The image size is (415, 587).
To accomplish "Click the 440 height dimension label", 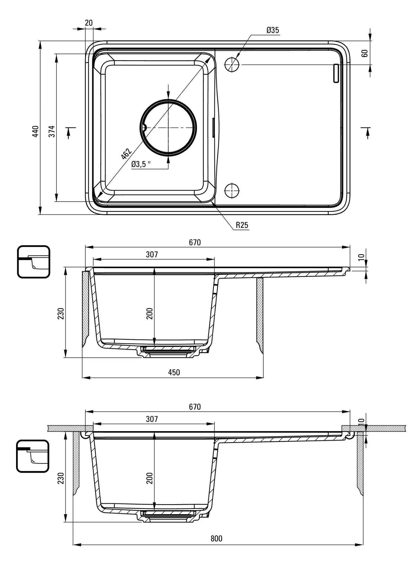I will coord(35,131).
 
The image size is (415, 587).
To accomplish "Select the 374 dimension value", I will coord(52,131).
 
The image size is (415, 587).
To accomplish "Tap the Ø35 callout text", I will coord(273,30).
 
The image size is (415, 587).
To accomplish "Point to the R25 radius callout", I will coord(242,225).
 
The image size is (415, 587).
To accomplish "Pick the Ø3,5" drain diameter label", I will coord(141,164).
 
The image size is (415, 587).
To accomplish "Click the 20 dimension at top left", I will coord(89,23).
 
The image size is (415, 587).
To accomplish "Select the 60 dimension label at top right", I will coord(364,53).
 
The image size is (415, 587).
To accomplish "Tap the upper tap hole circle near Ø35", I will coord(232,64).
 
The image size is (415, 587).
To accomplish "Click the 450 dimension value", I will coord(174,372).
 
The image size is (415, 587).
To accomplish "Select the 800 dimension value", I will coord(216,539).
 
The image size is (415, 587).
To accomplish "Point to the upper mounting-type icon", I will coord(34,262).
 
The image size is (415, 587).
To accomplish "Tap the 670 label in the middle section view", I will coord(195,242).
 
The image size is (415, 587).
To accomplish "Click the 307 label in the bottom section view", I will coord(152,419).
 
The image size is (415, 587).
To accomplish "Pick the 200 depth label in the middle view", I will coord(150,313).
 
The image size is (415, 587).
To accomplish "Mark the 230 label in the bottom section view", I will coord(61,478).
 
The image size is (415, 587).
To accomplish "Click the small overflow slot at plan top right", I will coord(336,73).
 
